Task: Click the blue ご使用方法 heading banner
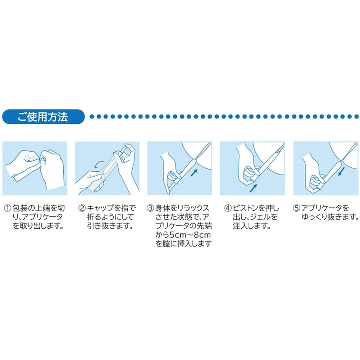[43, 117]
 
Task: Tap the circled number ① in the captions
[8, 208]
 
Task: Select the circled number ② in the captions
[82, 208]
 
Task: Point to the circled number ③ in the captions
[150, 208]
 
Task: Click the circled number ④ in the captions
[228, 208]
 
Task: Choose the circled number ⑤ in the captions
[296, 208]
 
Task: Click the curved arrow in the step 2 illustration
[99, 165]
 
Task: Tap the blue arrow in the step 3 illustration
[194, 173]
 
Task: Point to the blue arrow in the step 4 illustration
[253, 188]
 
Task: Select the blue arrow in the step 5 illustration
[341, 171]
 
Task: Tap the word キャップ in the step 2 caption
[100, 208]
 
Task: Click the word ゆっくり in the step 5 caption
[314, 217]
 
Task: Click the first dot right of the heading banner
[92, 117]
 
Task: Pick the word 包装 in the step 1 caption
[21, 208]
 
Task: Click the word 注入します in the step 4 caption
[252, 226]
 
